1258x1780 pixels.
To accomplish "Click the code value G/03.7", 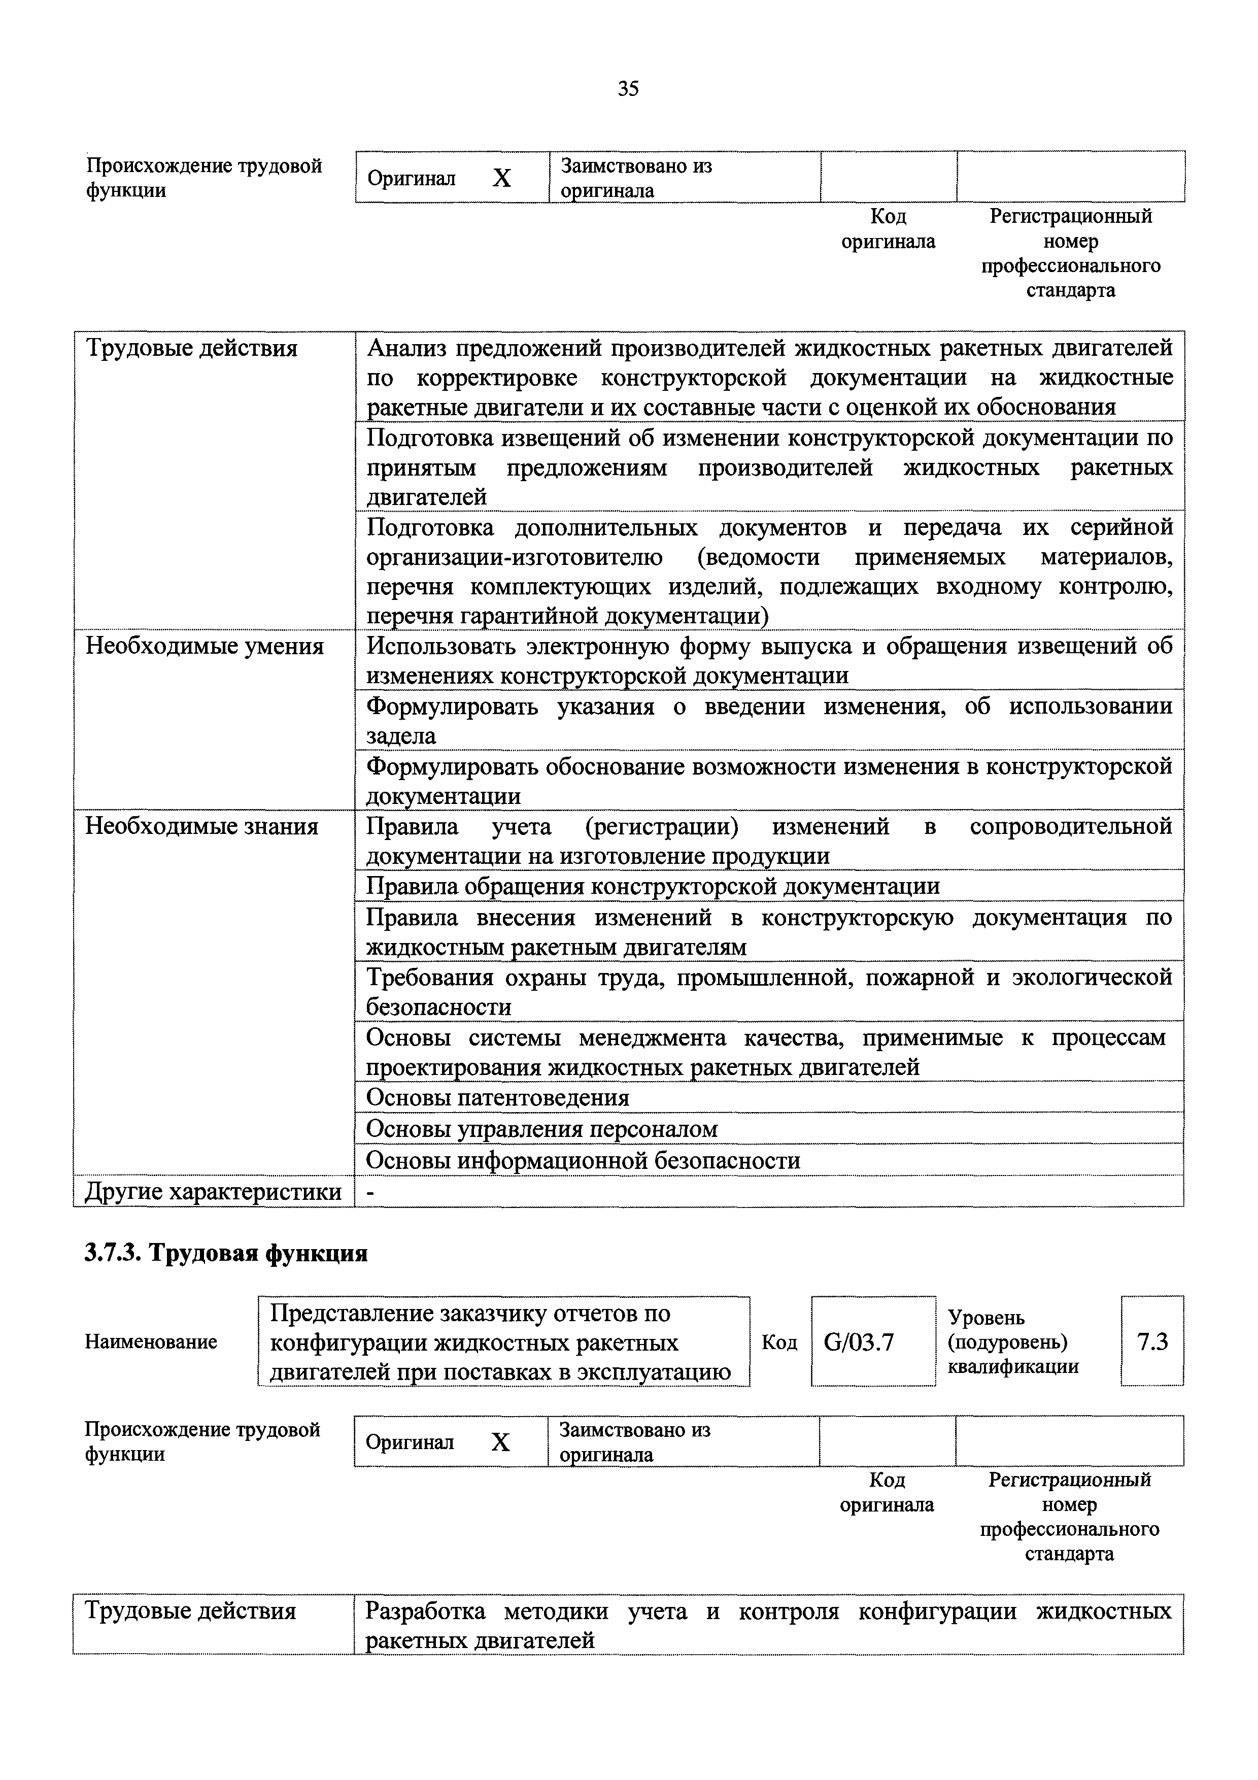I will tap(858, 1363).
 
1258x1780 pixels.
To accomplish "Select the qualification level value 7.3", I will tap(1152, 1363).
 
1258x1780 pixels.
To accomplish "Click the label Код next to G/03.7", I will tap(779, 1364).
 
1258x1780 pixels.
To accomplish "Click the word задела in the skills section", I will tap(401, 736).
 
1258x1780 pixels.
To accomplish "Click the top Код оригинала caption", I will tap(888, 229).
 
